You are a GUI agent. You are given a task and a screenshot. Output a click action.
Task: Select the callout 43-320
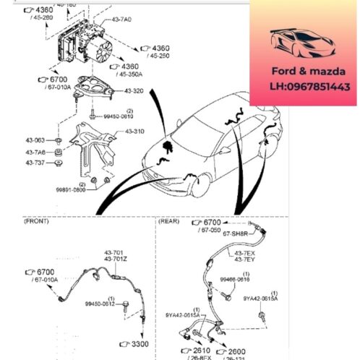click(134, 91)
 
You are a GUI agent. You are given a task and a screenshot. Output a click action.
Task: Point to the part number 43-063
click(35, 140)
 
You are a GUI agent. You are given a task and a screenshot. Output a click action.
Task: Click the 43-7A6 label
click(35, 152)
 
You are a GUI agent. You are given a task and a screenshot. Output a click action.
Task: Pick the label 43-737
click(35, 164)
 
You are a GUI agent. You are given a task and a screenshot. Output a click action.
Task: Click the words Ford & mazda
click(300, 72)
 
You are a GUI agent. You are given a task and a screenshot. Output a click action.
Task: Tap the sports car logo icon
click(299, 43)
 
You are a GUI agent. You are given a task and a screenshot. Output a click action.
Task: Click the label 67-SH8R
click(236, 234)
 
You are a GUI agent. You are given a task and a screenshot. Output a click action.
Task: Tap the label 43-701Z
click(115, 259)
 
